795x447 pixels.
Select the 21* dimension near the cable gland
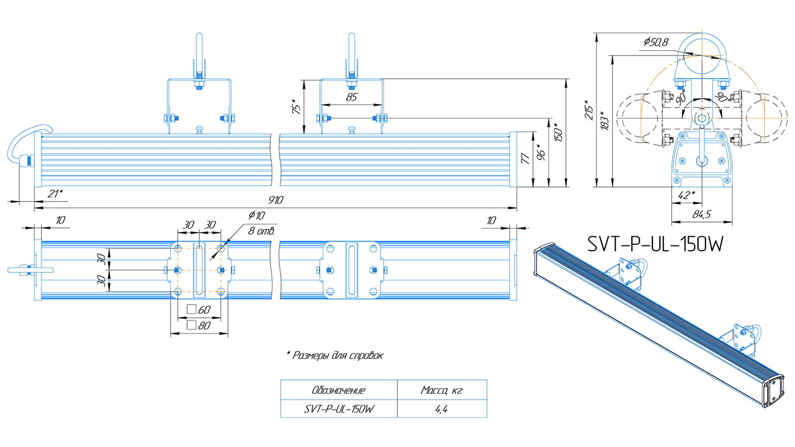click(55, 193)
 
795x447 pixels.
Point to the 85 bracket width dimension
click(351, 98)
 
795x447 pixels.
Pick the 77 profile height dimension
click(526, 159)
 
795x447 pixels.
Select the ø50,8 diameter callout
click(656, 41)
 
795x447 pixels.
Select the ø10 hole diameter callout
click(257, 215)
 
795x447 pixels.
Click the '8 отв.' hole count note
click(261, 230)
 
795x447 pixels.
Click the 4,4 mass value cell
click(441, 409)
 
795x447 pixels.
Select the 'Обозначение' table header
click(338, 390)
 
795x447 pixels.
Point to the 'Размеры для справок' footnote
click(334, 355)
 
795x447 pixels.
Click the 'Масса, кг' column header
click(441, 390)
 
